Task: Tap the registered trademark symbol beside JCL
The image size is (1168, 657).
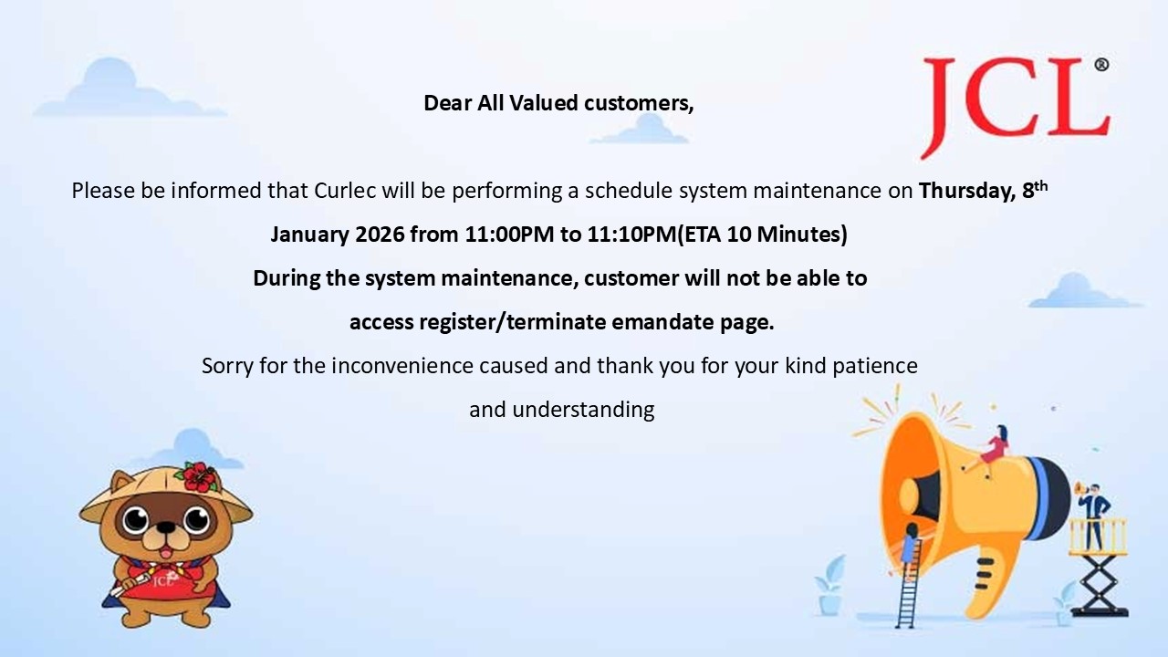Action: pyautogui.click(x=1101, y=65)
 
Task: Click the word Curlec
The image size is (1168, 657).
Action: pyautogui.click(x=345, y=191)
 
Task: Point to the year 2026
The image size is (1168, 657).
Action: pyautogui.click(x=380, y=235)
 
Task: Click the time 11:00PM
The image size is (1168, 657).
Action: pyautogui.click(x=509, y=235)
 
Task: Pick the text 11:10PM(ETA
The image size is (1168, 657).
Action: pyautogui.click(x=654, y=235)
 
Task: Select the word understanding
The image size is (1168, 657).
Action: pyautogui.click(x=583, y=410)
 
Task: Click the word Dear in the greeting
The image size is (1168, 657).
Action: pyautogui.click(x=447, y=103)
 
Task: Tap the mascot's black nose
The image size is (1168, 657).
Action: pyautogui.click(x=166, y=527)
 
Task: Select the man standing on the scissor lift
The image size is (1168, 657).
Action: pyautogui.click(x=1094, y=517)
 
